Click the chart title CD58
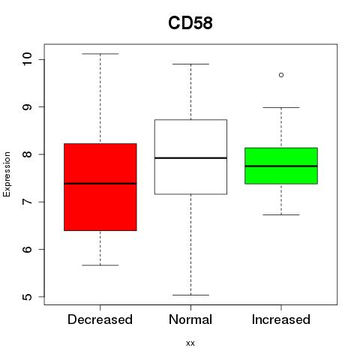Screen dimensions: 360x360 [x=190, y=23]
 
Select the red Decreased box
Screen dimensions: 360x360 [x=100, y=187]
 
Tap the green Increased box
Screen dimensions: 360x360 [x=281, y=166]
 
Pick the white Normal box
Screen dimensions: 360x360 [x=190, y=157]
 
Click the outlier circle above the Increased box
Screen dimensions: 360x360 [x=281, y=75]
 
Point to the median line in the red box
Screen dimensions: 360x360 [x=100, y=184]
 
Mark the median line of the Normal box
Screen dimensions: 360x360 [x=190, y=158]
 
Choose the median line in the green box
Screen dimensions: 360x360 [x=281, y=166]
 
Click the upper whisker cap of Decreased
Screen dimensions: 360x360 [x=100, y=54]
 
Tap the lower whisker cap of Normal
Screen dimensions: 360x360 [x=190, y=295]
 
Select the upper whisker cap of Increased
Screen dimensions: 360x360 [x=281, y=107]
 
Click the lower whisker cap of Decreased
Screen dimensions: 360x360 [x=100, y=265]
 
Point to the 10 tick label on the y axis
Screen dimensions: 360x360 [x=27, y=59]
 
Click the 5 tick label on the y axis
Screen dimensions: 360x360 [x=27, y=297]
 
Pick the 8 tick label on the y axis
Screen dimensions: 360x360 [x=27, y=154]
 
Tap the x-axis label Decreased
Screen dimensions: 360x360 [x=100, y=319]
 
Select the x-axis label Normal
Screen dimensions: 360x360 [x=190, y=319]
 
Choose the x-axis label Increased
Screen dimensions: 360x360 [x=281, y=319]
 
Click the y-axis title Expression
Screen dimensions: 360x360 [x=7, y=174]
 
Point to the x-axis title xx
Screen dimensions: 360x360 [x=190, y=343]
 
